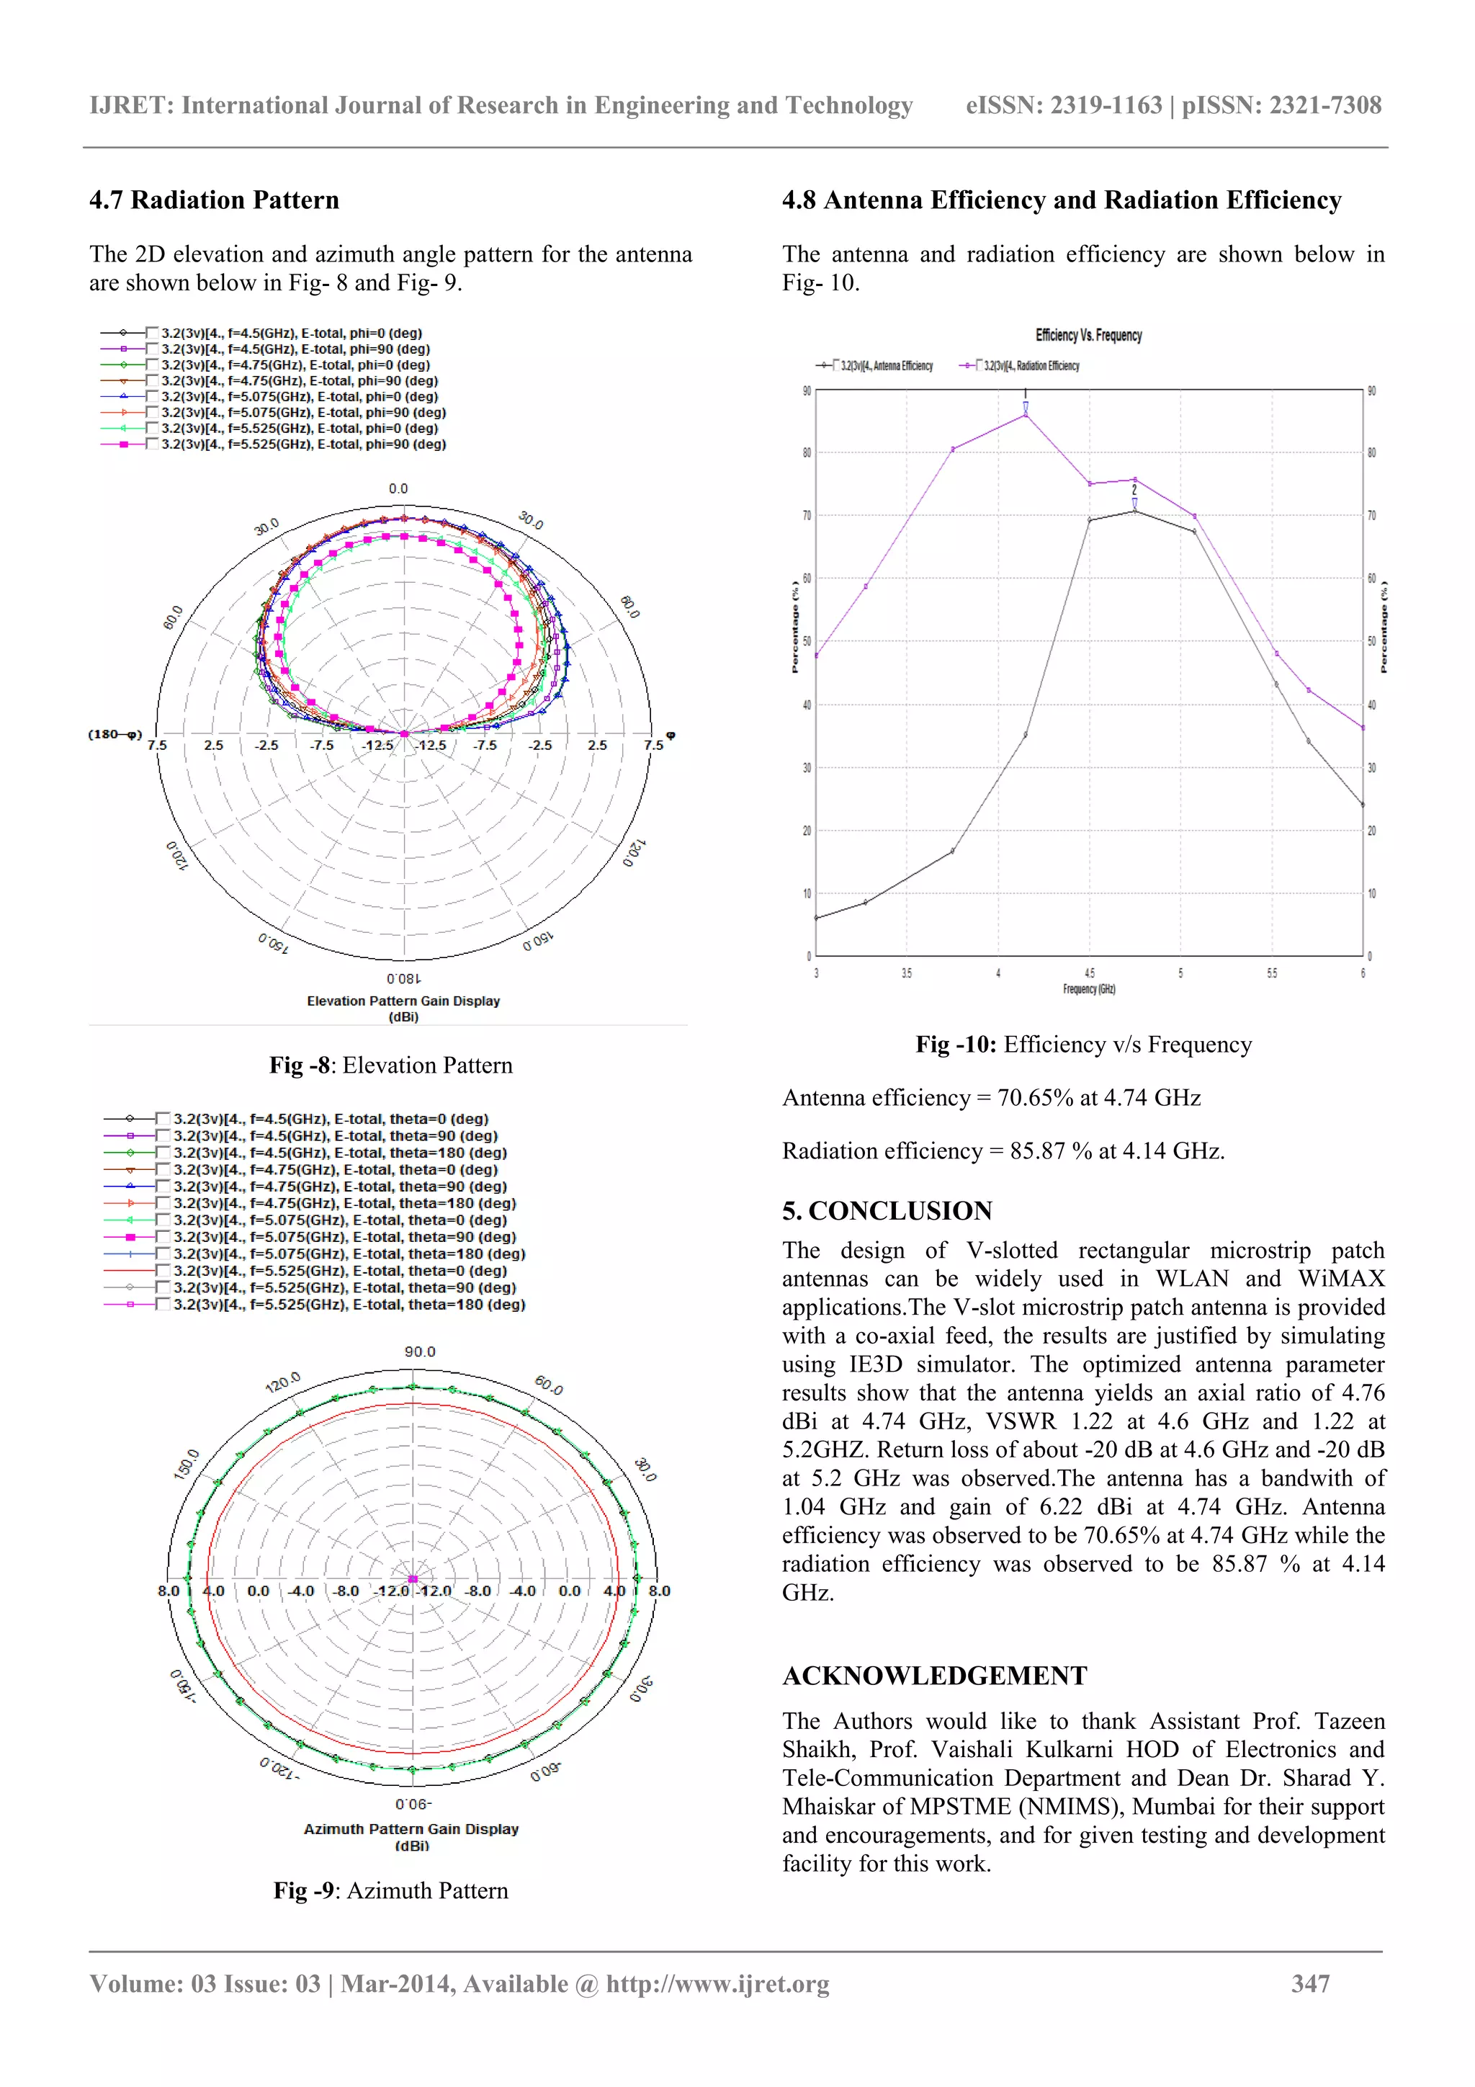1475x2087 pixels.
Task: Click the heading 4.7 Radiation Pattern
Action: click(214, 200)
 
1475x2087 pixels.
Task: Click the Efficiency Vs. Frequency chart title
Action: click(1088, 336)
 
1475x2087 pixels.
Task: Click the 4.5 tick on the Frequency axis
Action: click(1090, 973)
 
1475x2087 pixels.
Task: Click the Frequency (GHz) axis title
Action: click(1089, 989)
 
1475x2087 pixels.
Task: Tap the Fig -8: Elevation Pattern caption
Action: click(391, 1065)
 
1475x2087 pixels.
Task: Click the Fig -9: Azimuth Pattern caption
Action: click(391, 1890)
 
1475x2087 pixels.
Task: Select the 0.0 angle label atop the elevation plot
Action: click(398, 489)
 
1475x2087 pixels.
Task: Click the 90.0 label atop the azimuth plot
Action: click(420, 1351)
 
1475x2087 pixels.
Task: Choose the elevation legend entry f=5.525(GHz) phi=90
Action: click(302, 444)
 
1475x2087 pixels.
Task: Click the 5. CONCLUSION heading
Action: click(887, 1211)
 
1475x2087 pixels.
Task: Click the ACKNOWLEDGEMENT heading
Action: click(934, 1676)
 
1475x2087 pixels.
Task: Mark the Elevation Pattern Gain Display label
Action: click(403, 1001)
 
